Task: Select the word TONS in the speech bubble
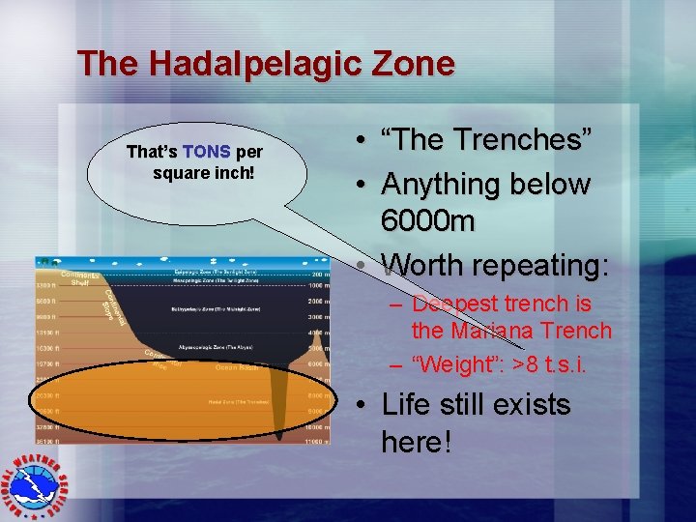click(x=206, y=153)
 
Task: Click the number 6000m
click(x=428, y=222)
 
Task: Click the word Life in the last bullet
click(x=408, y=404)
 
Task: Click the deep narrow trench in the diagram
click(x=280, y=406)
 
